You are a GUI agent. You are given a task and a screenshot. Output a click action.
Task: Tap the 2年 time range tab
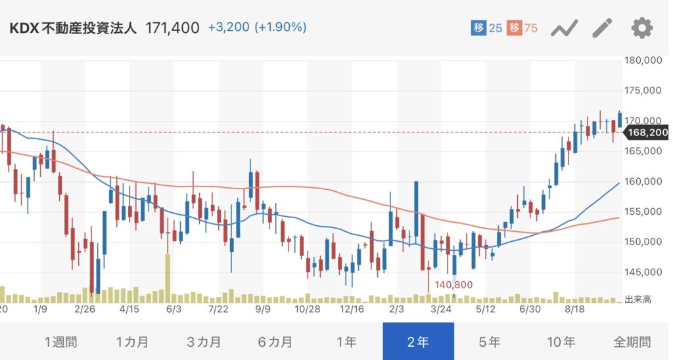pyautogui.click(x=418, y=342)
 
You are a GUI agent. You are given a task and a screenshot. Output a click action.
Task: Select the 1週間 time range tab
pyautogui.click(x=60, y=342)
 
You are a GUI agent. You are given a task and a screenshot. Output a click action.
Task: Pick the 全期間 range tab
pyautogui.click(x=633, y=342)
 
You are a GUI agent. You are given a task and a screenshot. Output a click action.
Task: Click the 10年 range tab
pyautogui.click(x=561, y=342)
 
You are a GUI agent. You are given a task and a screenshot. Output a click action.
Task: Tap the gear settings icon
pyautogui.click(x=642, y=28)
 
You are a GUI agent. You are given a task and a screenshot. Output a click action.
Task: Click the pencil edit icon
pyautogui.click(x=602, y=28)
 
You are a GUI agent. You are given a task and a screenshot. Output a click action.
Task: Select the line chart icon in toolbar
pyautogui.click(x=564, y=28)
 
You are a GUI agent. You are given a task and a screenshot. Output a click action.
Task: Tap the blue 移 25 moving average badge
pyautogui.click(x=487, y=28)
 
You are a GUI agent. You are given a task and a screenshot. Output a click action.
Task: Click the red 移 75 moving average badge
pyautogui.click(x=522, y=28)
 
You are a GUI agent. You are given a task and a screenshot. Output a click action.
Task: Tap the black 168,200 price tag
pyautogui.click(x=647, y=133)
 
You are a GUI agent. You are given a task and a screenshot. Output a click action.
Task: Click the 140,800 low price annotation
pyautogui.click(x=453, y=284)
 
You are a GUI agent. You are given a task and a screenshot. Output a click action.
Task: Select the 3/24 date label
pyautogui.click(x=441, y=307)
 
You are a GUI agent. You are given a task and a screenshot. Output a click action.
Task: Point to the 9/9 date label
pyautogui.click(x=263, y=307)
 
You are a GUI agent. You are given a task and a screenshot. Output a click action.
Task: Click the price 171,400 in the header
pyautogui.click(x=172, y=28)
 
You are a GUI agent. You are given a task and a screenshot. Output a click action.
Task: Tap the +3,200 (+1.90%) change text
pyautogui.click(x=257, y=28)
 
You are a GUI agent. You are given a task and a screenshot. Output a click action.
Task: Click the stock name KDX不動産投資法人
pyautogui.click(x=74, y=28)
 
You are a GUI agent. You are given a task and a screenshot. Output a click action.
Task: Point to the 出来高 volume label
pyautogui.click(x=638, y=300)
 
